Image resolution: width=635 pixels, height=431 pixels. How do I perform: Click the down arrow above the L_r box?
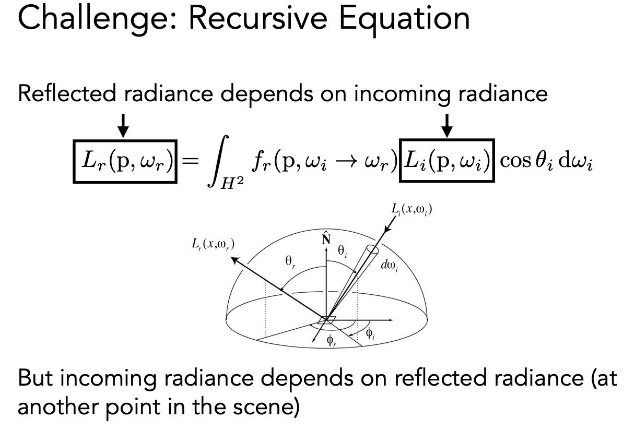(x=123, y=125)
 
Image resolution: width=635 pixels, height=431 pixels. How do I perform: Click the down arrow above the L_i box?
(x=446, y=125)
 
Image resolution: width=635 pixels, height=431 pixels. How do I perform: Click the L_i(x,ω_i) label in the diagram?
(x=412, y=210)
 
